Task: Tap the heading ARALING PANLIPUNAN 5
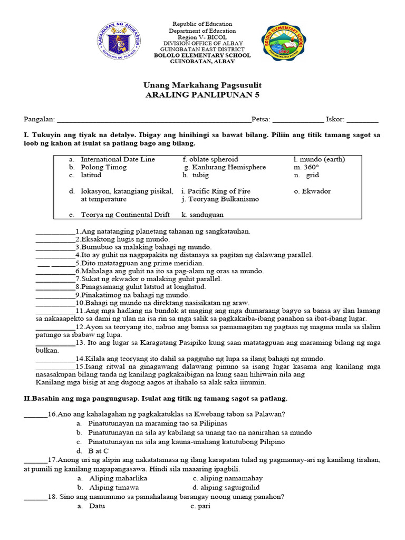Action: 202,95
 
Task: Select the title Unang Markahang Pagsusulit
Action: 202,85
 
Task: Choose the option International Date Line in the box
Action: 118,159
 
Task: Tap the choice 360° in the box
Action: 311,167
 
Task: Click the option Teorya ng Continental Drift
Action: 125,215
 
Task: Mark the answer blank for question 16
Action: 35,415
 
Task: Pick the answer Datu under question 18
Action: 97,506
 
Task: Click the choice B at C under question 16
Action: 99,450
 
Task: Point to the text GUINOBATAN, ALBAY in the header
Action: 202,62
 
